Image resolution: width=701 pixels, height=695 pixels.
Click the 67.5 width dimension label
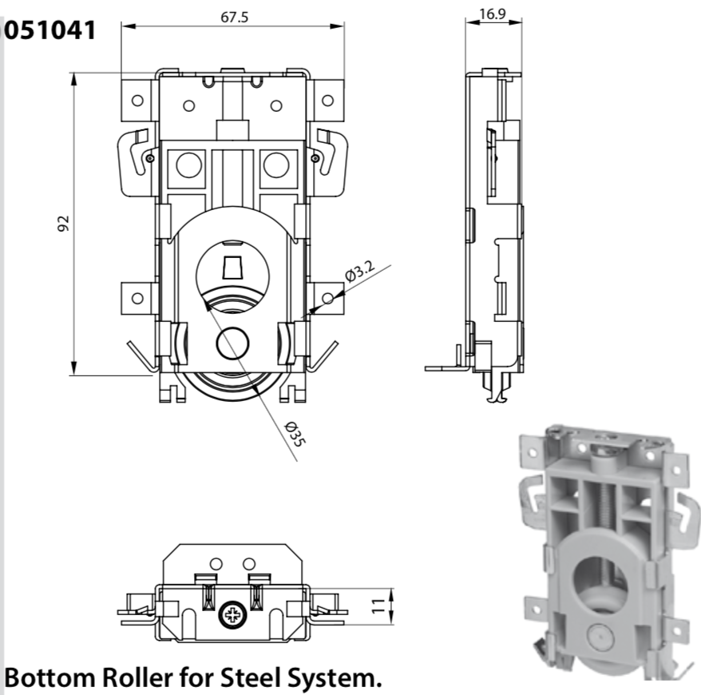coord(234,17)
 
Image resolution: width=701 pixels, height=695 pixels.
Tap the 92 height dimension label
coord(64,223)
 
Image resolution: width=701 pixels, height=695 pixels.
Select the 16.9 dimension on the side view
coord(493,14)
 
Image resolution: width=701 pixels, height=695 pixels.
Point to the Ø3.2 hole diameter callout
coord(360,271)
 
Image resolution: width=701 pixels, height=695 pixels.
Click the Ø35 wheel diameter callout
coord(295,433)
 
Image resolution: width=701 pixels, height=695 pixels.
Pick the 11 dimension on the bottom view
coord(378,606)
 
